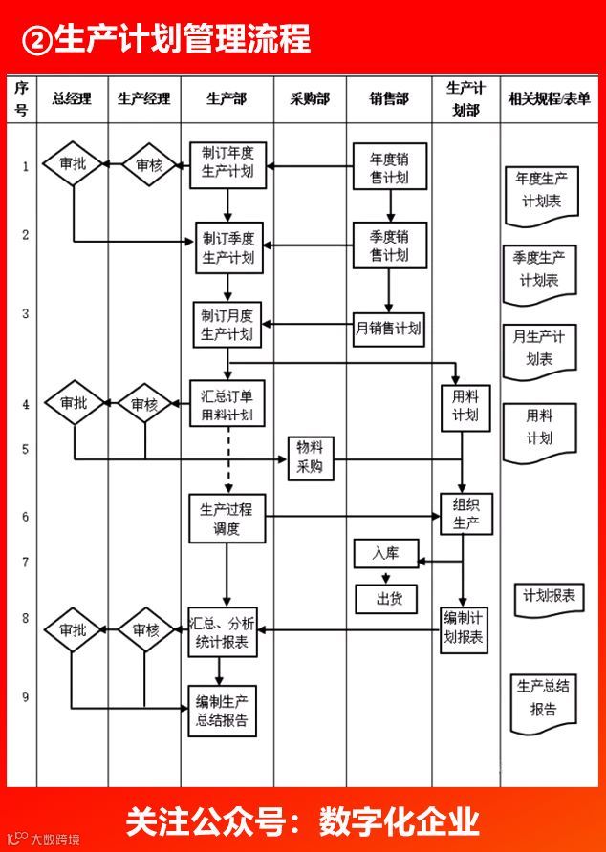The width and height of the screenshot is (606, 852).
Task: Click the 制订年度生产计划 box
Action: pos(227,163)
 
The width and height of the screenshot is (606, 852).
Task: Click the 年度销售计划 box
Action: pos(389,168)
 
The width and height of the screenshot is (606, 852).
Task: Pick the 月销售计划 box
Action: pos(389,328)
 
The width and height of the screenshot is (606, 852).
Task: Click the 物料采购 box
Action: pos(310,458)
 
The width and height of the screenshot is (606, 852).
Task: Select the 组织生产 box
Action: pos(465,515)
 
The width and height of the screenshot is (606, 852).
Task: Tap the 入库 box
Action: pos(385,553)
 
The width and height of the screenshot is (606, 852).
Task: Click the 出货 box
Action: pos(388,599)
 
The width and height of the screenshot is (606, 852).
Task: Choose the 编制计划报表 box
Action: pos(465,629)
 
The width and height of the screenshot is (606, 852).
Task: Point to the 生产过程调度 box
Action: pos(227,518)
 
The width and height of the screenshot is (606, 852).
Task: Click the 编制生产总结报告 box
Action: pos(222,711)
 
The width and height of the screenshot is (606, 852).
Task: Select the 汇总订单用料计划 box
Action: pos(227,405)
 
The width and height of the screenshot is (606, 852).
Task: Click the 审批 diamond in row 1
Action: pos(73,164)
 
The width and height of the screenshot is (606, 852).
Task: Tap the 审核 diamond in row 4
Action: pos(145,404)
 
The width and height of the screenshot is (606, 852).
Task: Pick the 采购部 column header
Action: pos(310,97)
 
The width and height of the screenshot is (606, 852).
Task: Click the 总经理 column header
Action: pos(72,97)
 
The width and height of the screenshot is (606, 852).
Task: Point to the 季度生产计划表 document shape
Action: pos(540,271)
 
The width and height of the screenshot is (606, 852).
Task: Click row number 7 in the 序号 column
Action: pos(25,563)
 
